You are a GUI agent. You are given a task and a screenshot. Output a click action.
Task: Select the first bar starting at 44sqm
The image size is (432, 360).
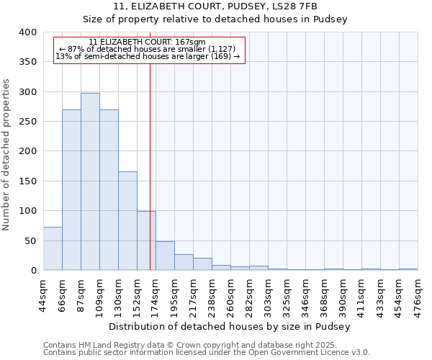[53, 248]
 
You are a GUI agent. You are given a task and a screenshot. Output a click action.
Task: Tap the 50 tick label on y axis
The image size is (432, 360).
[30, 240]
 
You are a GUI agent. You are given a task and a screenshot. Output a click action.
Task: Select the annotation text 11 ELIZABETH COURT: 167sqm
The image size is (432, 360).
[148, 42]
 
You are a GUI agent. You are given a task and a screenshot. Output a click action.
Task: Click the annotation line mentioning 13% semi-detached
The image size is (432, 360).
[148, 56]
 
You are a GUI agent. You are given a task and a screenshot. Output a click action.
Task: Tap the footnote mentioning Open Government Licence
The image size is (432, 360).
[206, 353]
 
